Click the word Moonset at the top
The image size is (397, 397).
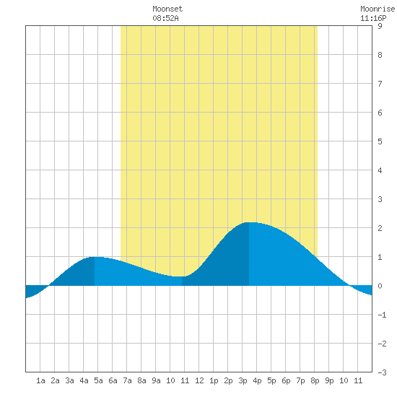click(167, 9)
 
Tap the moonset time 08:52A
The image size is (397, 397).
click(165, 18)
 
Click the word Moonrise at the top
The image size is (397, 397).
click(378, 9)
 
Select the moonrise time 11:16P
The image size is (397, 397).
click(373, 18)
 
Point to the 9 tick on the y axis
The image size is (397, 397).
click(380, 26)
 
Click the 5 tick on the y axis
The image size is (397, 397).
click(380, 141)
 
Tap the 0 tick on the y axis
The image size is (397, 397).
click(380, 286)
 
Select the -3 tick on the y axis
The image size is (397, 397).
click(382, 372)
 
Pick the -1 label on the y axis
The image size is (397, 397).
click(382, 315)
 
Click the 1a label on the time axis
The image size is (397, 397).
click(40, 380)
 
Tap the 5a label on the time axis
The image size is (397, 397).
click(98, 380)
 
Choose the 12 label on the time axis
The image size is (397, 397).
click(199, 380)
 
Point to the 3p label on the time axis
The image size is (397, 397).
click(243, 380)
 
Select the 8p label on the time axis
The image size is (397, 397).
click(315, 380)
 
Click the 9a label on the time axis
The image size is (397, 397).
click(156, 380)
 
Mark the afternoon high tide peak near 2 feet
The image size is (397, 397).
click(249, 222)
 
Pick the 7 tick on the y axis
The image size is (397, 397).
click(380, 84)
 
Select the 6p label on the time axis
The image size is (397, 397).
click(286, 380)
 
